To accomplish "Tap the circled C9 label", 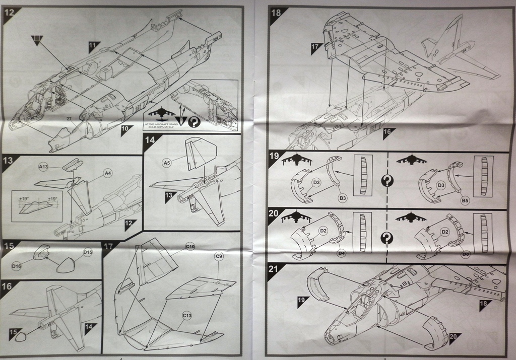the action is pos(219,257).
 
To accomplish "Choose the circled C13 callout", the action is pos(187,315).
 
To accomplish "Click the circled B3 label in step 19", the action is pos(343,199).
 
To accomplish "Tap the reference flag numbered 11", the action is pos(93,45).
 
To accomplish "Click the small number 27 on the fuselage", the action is pos(69,118).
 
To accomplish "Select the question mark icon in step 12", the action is pos(193,121).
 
